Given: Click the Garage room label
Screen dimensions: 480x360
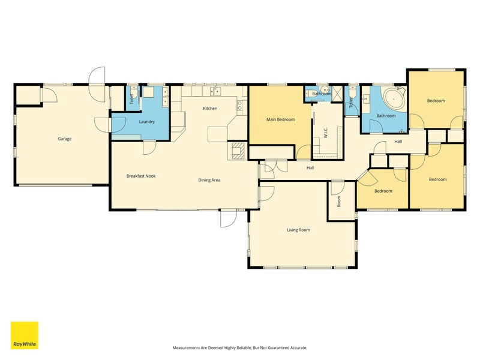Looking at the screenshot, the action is point(65,139).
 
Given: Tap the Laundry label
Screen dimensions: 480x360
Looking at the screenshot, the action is point(146,122).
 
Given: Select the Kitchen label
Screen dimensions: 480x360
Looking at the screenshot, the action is point(211,109).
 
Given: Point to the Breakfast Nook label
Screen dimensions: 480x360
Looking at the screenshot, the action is point(141,176).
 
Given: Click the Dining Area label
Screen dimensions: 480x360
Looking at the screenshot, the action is point(209,180).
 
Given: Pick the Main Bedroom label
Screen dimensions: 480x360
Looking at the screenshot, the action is point(280,119).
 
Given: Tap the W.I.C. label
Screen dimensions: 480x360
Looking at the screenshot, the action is point(326,133).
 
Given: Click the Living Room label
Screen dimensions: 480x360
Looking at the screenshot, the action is point(298,230).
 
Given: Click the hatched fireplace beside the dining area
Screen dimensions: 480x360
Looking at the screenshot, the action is point(238,151).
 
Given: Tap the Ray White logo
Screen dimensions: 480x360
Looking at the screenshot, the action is point(25,335).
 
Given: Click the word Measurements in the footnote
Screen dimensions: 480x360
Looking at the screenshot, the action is point(186,348).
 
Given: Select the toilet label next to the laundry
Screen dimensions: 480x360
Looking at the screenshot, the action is point(131,99).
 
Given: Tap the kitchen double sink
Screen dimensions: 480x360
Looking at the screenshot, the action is point(216,91).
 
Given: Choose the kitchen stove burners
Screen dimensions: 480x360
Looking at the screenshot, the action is point(239,106).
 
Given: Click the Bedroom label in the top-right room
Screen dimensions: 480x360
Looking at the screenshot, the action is point(436,101).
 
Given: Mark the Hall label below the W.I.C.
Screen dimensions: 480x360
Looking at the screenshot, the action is point(310,168).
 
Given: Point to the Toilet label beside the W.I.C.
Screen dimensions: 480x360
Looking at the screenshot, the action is point(352,102).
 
